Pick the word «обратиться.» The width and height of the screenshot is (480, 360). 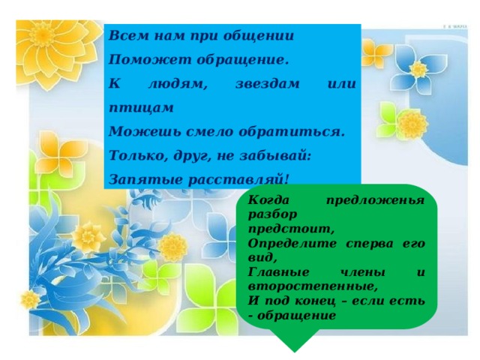(x=297, y=132)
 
